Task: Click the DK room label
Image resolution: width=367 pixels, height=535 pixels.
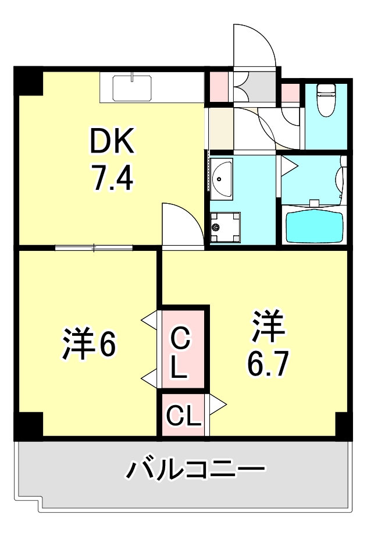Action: [112, 141]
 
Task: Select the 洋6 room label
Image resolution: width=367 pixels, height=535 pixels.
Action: [88, 345]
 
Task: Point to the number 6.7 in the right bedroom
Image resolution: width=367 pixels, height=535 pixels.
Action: [267, 364]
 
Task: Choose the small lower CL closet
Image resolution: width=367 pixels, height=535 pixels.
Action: [183, 415]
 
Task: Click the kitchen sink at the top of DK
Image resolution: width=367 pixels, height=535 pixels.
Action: [133, 88]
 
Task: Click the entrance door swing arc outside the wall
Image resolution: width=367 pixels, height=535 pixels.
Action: [256, 44]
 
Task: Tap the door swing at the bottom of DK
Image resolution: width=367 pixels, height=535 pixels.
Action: [181, 224]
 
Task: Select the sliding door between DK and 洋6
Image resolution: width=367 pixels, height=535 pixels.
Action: [94, 247]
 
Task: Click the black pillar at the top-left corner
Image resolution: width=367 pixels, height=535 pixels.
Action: [28, 82]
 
